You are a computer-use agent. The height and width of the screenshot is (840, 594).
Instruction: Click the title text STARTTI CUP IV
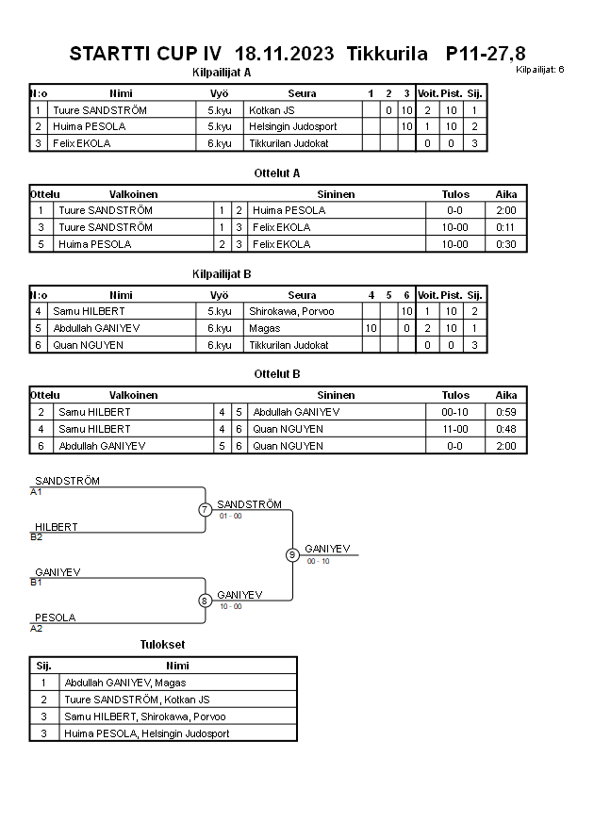point(145,54)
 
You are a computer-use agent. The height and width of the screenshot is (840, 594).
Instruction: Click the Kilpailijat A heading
point(222,72)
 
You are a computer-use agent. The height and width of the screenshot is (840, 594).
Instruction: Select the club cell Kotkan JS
point(272,110)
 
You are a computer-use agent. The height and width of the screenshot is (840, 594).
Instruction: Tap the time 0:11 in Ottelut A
point(506,227)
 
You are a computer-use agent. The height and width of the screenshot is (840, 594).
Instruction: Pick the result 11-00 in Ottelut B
point(455,429)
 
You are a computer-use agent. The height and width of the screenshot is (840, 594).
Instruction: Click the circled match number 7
point(205,510)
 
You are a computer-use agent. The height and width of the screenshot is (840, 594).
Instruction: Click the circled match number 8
point(205,601)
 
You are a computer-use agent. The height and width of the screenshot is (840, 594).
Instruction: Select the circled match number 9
point(292,554)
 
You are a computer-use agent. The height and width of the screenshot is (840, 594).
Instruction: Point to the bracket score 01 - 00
point(230,517)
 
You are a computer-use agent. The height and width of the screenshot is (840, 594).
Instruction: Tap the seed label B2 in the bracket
point(37,536)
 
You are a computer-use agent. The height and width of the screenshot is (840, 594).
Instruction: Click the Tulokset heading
point(162,645)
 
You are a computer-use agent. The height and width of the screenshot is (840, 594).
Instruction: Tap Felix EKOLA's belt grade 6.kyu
point(220,143)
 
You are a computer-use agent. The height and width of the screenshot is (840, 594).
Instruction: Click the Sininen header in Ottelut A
point(336,194)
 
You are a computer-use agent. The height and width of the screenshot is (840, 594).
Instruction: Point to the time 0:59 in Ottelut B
point(506,412)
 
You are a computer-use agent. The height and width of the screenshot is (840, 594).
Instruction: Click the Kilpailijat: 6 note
point(540,70)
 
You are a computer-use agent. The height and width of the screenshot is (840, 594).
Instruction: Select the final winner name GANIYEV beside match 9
point(327,549)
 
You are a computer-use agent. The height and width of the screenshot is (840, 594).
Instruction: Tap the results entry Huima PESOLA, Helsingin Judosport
point(147,733)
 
